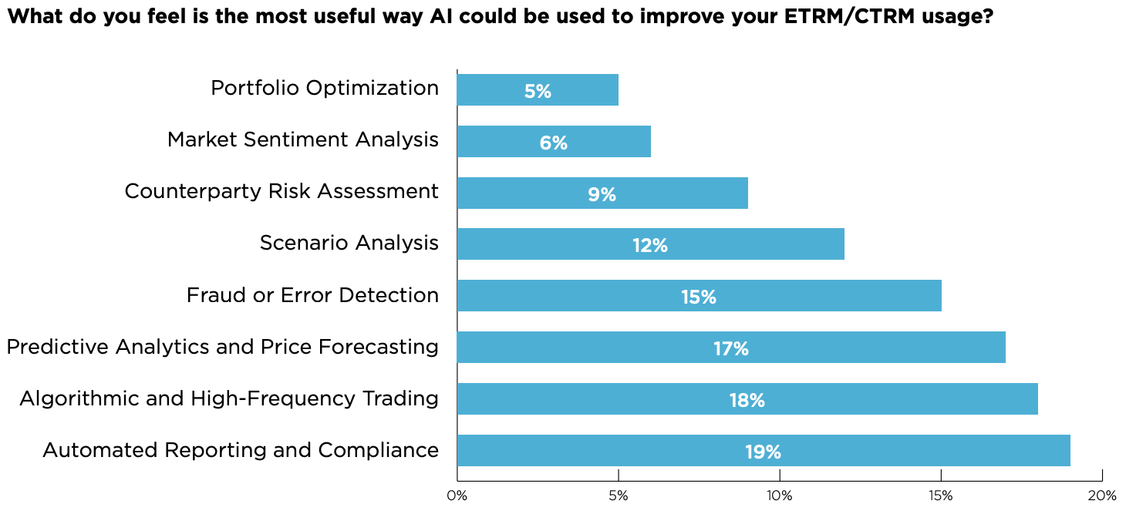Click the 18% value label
click(747, 401)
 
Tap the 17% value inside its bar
click(730, 349)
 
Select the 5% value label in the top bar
click(538, 92)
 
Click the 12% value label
click(649, 246)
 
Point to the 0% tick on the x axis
click(457, 496)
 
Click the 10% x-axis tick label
click(780, 496)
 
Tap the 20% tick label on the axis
click(1102, 496)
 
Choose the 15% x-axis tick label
click(941, 496)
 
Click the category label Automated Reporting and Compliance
click(241, 450)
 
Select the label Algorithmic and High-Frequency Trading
click(229, 398)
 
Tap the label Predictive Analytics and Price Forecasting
click(223, 347)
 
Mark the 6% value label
click(554, 143)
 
